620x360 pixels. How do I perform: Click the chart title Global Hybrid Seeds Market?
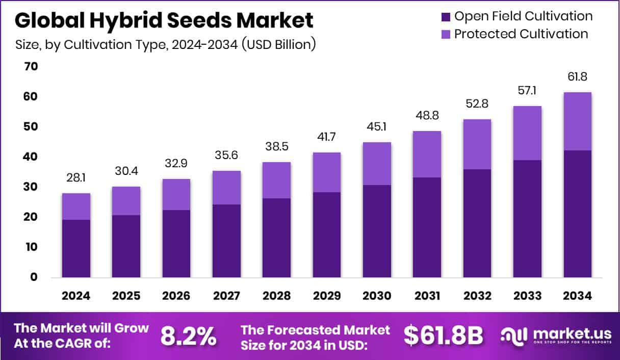click(164, 20)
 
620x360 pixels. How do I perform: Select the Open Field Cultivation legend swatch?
click(446, 16)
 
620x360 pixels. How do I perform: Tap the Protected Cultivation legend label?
click(521, 34)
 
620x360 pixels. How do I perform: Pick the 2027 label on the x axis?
click(227, 296)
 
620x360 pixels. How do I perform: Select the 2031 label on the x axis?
click(427, 296)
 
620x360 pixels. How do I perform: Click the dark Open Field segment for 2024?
click(76, 249)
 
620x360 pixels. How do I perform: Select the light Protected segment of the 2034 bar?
click(577, 121)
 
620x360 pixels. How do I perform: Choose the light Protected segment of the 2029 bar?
click(327, 172)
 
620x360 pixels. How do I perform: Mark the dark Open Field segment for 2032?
click(477, 223)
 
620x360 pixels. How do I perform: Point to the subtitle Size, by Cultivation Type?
click(166, 45)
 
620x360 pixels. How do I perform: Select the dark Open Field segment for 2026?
click(176, 244)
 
